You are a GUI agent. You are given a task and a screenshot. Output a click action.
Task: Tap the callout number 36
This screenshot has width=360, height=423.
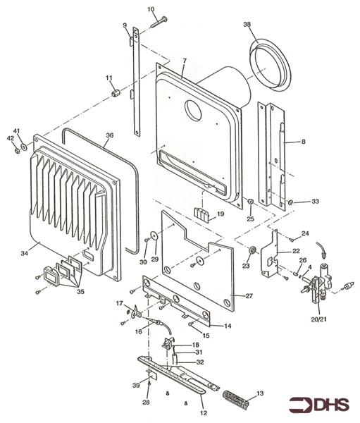tap(109, 135)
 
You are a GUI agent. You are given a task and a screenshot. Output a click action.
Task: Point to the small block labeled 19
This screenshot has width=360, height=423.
tap(203, 215)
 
